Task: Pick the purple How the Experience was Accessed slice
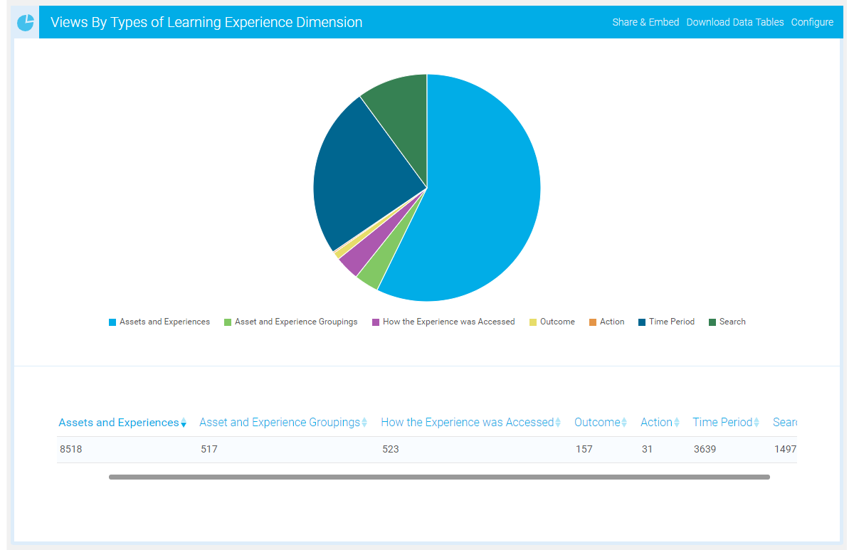click(x=349, y=263)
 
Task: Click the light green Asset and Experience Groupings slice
click(x=368, y=277)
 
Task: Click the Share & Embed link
click(x=645, y=22)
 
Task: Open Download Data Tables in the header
click(x=734, y=22)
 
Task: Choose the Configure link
click(x=812, y=22)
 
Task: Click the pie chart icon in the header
click(x=26, y=23)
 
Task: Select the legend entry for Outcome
click(x=557, y=322)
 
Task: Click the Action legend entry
click(x=611, y=322)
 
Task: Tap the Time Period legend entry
click(x=671, y=322)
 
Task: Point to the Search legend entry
click(x=732, y=322)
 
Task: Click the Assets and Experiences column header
click(x=119, y=423)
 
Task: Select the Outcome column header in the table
click(x=597, y=423)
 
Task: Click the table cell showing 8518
click(x=70, y=449)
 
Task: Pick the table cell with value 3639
click(x=705, y=449)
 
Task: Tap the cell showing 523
click(x=390, y=449)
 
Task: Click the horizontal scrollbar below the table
click(x=439, y=477)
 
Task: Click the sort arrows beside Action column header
click(x=677, y=423)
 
